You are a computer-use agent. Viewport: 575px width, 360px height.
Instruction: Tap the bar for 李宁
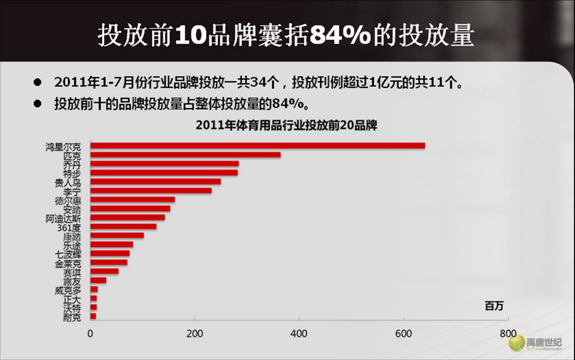(x=151, y=191)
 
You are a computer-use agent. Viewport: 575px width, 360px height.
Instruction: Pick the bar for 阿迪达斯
(x=127, y=218)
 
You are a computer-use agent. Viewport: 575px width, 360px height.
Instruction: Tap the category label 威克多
(x=68, y=291)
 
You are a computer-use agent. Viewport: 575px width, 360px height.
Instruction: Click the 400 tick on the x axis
(x=299, y=334)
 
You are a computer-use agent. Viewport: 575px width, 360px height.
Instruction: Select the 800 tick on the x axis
(x=508, y=334)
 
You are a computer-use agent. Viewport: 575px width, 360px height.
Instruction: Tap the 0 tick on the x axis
(x=91, y=334)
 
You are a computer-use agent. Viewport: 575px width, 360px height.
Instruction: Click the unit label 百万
(x=494, y=306)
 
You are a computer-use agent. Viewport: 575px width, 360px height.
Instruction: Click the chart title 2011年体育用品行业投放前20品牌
(x=286, y=126)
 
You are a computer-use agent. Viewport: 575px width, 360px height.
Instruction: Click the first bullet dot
(x=37, y=83)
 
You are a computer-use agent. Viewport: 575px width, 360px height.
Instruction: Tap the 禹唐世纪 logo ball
(x=516, y=343)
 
